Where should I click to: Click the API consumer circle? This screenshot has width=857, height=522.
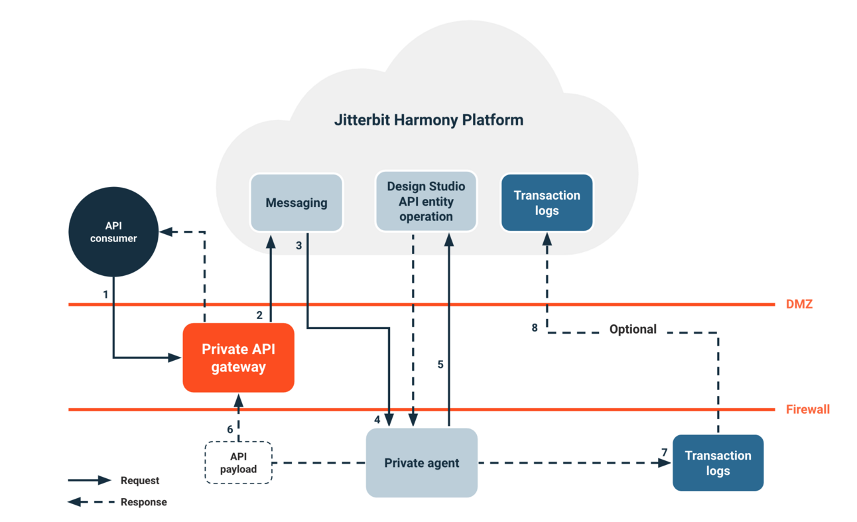click(113, 231)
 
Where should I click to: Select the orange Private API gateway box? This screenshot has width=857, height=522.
click(238, 358)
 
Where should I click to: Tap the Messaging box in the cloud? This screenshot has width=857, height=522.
click(296, 203)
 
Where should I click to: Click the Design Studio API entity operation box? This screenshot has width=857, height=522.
click(426, 202)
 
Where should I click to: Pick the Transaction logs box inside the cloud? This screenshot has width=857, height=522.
click(547, 203)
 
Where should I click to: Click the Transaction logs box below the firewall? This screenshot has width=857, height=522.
click(718, 463)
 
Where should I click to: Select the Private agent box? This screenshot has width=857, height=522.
click(421, 463)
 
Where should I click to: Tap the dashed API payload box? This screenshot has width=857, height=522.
click(238, 463)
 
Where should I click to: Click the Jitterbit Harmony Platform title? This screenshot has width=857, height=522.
click(428, 120)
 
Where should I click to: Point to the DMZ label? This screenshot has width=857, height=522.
click(799, 304)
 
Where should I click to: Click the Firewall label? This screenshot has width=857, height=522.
click(807, 409)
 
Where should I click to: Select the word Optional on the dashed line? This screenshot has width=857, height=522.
click(633, 330)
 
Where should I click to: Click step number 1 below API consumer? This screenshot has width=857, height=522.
click(105, 293)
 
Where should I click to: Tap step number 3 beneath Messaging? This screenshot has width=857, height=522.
click(298, 245)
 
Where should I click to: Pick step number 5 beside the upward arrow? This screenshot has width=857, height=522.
click(440, 364)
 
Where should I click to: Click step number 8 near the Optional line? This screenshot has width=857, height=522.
click(535, 328)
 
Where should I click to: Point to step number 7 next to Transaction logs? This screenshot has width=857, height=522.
click(664, 452)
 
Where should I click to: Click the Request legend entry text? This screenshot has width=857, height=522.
click(139, 480)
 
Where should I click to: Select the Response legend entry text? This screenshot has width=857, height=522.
click(143, 502)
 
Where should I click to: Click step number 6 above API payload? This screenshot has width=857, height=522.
click(230, 429)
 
